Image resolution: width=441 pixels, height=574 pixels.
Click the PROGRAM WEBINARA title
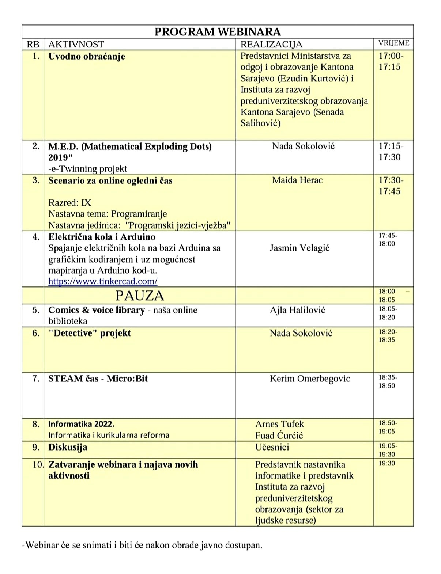[x=218, y=32]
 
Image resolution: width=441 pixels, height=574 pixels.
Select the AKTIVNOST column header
[x=76, y=44]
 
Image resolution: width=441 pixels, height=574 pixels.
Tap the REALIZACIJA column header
[x=271, y=44]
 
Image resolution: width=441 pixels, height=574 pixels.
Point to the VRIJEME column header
[x=394, y=43]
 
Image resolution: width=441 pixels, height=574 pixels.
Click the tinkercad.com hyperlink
[x=103, y=281]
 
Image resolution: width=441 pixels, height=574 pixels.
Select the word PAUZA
[x=140, y=296]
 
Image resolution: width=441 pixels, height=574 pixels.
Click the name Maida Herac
[x=297, y=180]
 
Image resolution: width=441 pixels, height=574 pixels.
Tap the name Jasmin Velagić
[x=299, y=248]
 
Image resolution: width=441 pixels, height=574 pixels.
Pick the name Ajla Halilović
[x=297, y=310]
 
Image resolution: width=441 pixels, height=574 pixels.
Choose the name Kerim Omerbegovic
[x=310, y=379]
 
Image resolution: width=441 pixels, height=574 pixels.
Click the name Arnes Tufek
[x=279, y=424]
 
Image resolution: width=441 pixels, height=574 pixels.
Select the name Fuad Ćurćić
[x=279, y=435]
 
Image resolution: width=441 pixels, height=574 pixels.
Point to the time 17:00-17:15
[x=391, y=61]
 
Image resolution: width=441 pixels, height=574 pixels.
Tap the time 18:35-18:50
[x=388, y=381]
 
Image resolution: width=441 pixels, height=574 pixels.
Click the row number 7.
[x=35, y=379]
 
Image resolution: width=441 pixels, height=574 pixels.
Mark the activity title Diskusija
[x=68, y=447]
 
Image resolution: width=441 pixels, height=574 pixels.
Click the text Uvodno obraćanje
[x=87, y=57]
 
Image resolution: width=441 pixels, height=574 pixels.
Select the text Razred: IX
[x=69, y=203]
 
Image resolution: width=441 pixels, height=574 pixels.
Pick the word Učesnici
[x=272, y=447]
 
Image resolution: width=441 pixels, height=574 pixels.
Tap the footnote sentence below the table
[x=142, y=545]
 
